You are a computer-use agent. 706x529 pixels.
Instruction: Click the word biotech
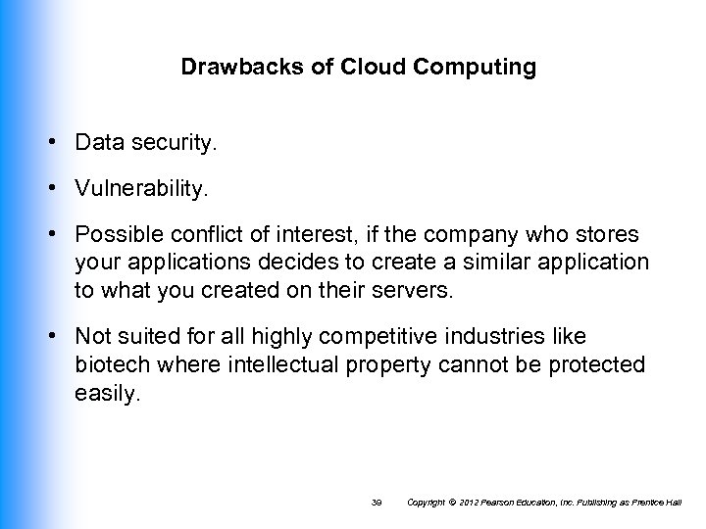[111, 364]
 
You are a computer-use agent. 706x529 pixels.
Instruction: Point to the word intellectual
[274, 364]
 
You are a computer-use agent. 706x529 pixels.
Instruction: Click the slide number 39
[376, 502]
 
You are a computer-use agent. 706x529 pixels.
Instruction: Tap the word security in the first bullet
[173, 144]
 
